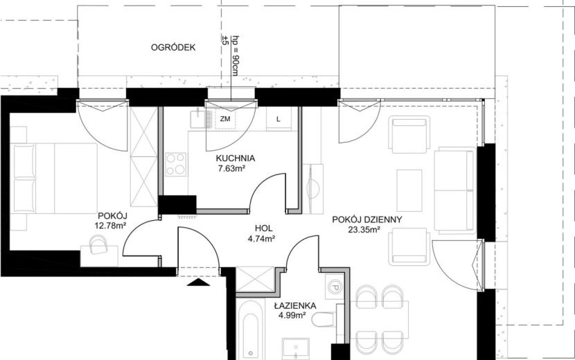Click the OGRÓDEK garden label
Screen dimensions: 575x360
173,47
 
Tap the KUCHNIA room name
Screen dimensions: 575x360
235,159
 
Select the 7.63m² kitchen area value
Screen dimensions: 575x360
231,169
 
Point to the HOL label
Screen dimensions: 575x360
264,228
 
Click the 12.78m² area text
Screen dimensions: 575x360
110,226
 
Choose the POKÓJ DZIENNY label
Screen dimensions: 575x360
367,219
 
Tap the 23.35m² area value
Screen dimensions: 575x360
364,230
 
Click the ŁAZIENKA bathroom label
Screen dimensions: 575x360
295,305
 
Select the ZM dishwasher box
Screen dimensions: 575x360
225,119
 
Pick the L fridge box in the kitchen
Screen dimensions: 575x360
278,119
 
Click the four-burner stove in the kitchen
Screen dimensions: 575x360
175,164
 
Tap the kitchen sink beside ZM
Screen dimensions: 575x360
202,119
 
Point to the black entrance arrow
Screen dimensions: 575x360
198,282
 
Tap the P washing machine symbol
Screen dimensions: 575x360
334,287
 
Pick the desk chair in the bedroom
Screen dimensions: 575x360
98,245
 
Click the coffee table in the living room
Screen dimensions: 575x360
409,190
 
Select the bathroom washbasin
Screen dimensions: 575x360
296,348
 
